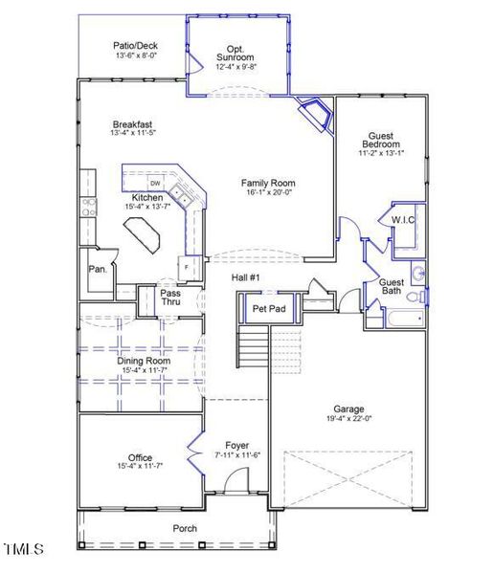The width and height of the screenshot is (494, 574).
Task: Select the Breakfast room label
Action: pos(132,124)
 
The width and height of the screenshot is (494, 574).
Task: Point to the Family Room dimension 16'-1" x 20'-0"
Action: pos(267,193)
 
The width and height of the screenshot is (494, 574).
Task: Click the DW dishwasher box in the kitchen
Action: pos(155,183)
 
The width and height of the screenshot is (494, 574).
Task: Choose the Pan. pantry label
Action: pos(98,270)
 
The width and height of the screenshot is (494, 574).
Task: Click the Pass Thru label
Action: pos(170,298)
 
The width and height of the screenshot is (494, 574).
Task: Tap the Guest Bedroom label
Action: pos(381,143)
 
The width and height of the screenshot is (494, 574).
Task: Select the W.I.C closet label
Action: pos(402,220)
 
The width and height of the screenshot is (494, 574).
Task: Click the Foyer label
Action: pos(236,445)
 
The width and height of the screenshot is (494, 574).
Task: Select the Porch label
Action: pos(184,528)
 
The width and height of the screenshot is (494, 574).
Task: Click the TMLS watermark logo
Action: pos(24,549)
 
